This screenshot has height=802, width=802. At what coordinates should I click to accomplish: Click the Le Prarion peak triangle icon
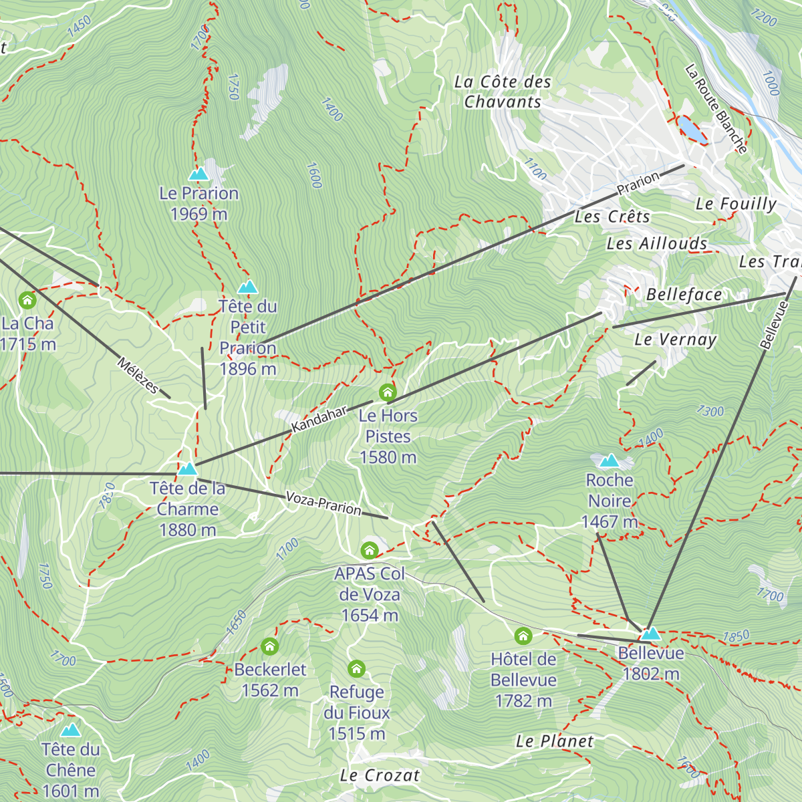198,174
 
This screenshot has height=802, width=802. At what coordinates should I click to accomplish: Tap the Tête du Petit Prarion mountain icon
247,287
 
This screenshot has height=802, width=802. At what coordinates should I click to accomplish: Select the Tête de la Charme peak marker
187,469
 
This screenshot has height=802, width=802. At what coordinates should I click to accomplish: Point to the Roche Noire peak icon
609,461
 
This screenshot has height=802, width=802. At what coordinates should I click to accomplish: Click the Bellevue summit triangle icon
650,634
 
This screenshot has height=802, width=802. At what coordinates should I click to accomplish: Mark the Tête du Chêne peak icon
70,730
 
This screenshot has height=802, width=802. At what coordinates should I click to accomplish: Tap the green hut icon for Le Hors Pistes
388,392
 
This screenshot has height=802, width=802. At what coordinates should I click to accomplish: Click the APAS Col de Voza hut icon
370,551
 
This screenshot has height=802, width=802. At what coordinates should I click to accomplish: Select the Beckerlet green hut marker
269,646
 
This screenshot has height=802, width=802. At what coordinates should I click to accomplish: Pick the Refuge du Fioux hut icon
356,668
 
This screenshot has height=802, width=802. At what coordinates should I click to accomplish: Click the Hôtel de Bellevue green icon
523,636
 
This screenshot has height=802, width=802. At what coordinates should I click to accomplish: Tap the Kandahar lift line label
319,419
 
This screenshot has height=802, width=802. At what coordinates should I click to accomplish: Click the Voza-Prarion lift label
323,503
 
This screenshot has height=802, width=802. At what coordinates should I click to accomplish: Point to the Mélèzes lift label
138,376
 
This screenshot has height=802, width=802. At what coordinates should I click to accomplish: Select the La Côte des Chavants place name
503,92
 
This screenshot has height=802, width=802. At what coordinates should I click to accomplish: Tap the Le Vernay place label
675,340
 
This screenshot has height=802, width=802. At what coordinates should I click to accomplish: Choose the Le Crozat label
380,775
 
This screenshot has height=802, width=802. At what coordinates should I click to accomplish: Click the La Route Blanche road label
716,109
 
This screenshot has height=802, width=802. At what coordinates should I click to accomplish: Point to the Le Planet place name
554,741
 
